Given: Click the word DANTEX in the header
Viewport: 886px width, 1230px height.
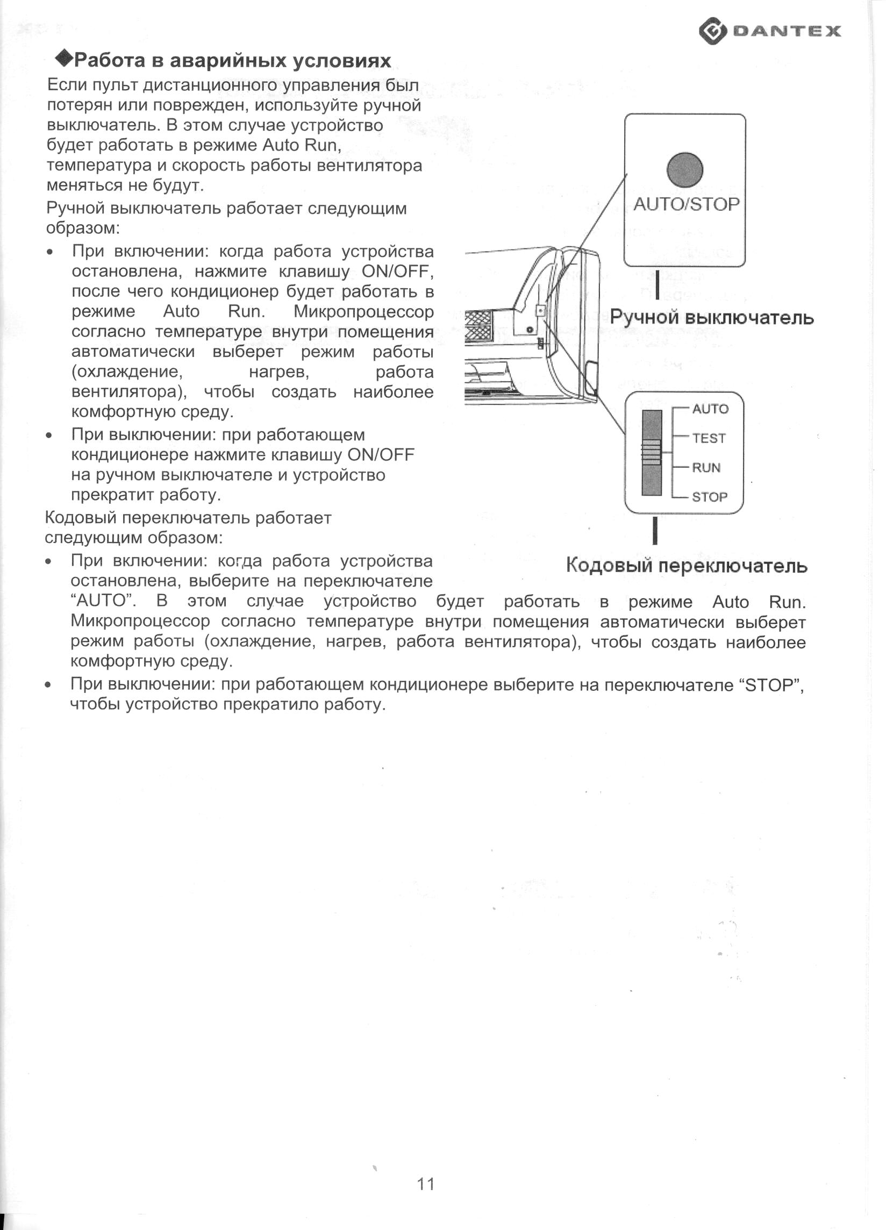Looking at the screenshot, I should (x=787, y=31).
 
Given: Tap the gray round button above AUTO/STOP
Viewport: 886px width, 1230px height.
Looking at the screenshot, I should (x=685, y=170).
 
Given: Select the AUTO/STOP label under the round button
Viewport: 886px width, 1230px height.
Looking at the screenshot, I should (x=686, y=204).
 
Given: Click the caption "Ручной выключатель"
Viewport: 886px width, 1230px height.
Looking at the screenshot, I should (x=711, y=317).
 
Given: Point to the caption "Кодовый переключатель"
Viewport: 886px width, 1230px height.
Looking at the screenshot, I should (x=687, y=566).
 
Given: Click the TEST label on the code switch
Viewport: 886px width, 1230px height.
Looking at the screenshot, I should (x=709, y=438).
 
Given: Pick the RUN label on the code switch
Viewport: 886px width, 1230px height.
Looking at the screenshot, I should (x=706, y=468).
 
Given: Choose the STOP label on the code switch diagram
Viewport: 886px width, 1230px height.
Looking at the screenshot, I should (x=709, y=497).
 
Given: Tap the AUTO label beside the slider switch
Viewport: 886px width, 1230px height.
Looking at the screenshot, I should (x=710, y=409).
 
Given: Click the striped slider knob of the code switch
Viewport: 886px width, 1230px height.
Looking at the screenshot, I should (x=652, y=452).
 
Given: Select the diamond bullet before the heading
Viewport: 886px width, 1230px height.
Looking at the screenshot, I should (x=65, y=58).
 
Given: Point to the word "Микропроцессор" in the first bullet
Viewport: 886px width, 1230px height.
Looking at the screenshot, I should (x=363, y=312).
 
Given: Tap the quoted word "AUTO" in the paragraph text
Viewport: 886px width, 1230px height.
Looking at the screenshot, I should (x=103, y=601).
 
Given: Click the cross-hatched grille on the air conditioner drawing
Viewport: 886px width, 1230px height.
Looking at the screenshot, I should (x=477, y=326).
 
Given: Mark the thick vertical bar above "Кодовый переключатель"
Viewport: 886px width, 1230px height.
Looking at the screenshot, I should (x=655, y=531).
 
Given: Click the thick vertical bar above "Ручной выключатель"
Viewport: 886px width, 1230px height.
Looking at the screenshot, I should (x=657, y=285).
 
